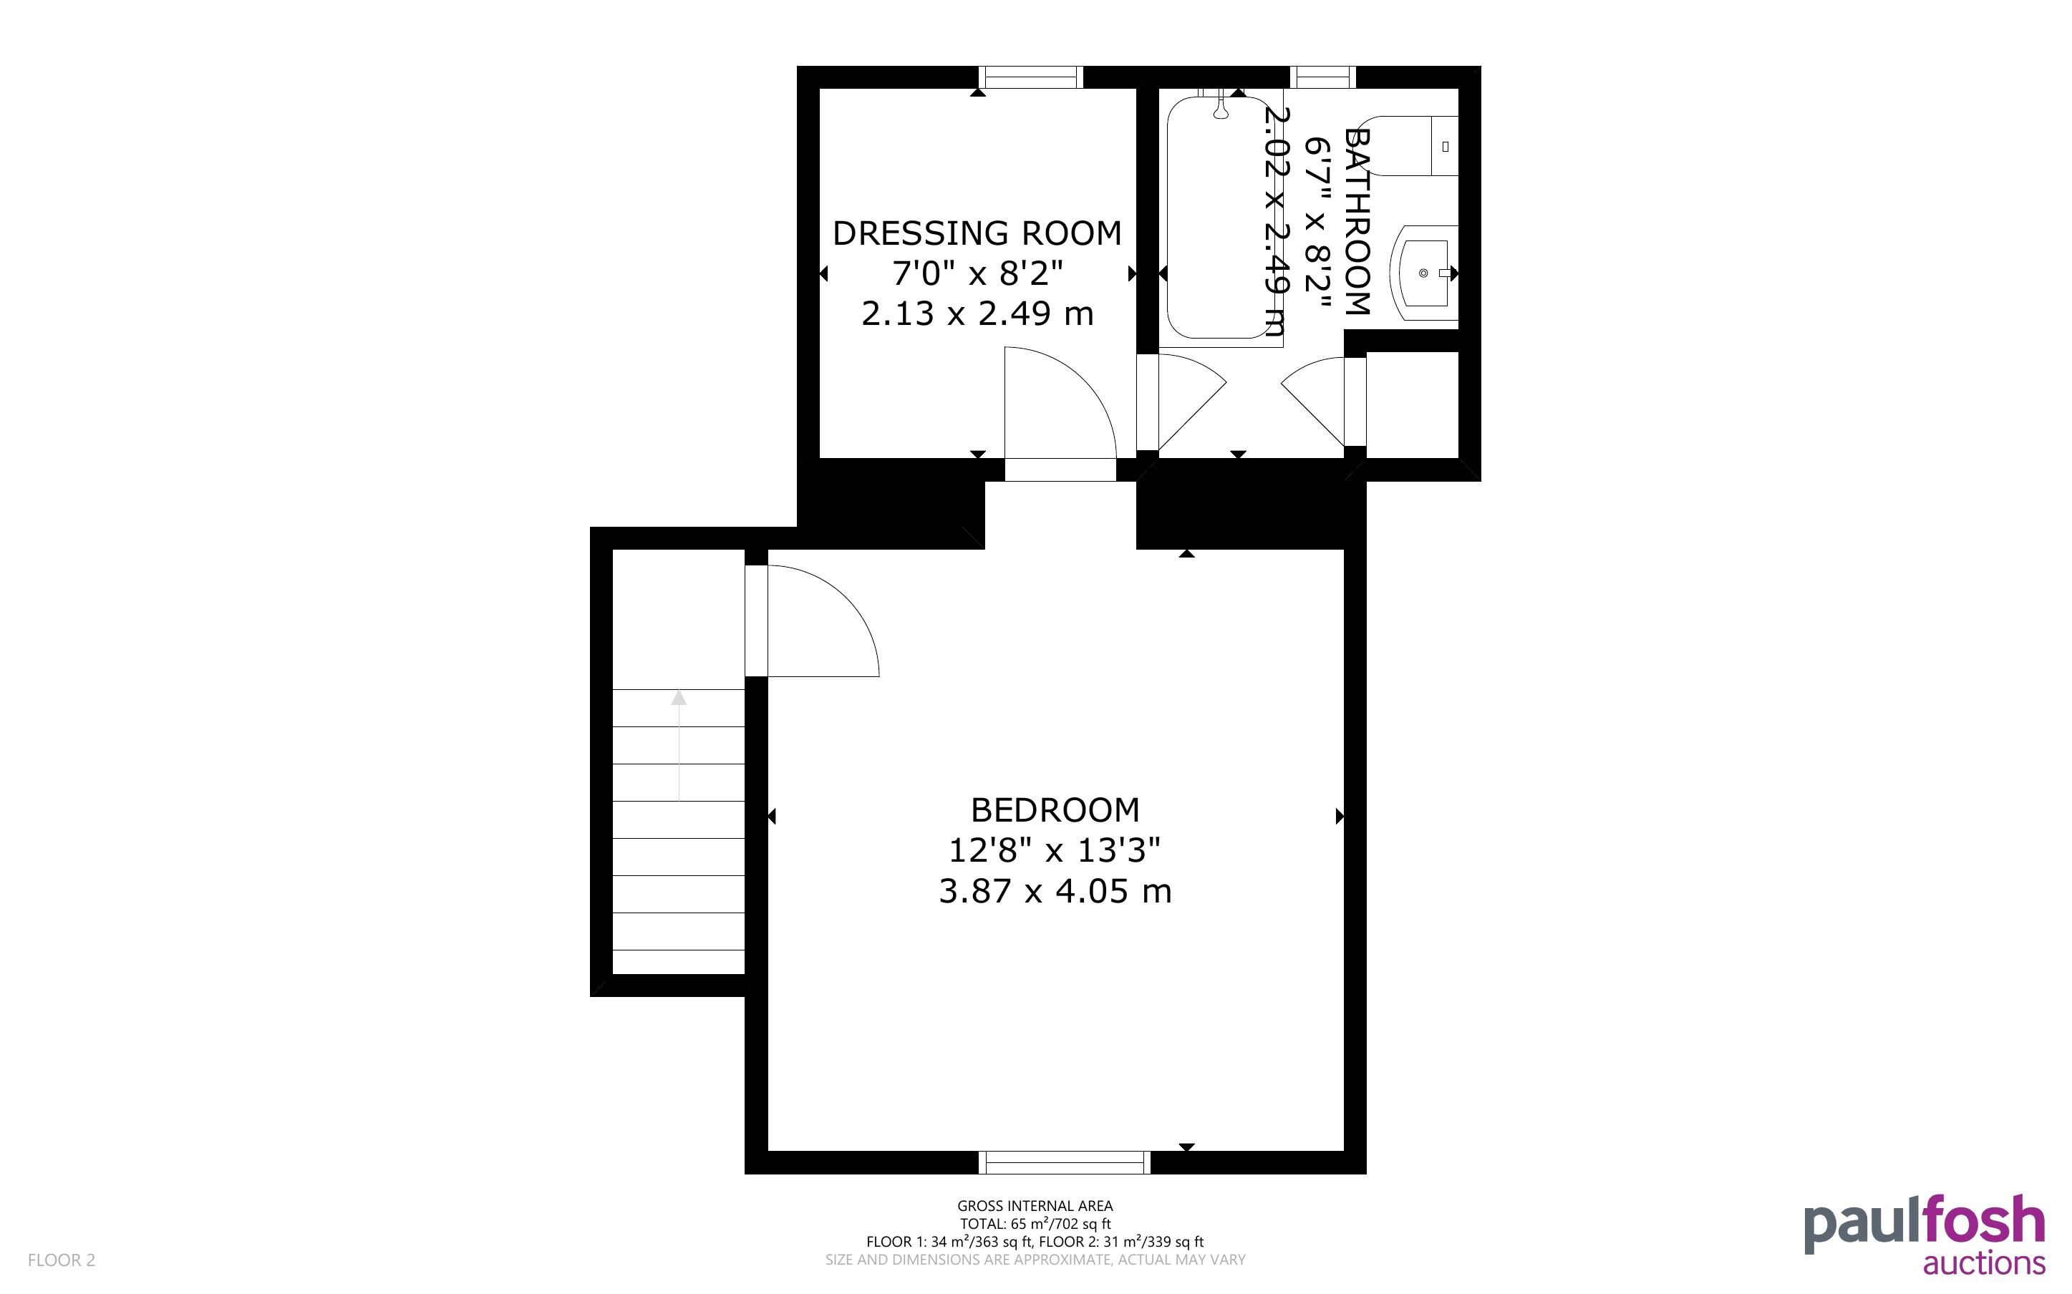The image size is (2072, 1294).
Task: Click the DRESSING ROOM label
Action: [977, 233]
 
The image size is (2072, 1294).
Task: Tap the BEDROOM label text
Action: [1055, 809]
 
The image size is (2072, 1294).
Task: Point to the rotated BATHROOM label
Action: [1358, 222]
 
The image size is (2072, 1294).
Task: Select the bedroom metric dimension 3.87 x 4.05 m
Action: [1055, 892]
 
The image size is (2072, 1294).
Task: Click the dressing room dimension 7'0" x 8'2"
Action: [977, 274]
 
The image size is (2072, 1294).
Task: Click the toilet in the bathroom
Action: [1411, 145]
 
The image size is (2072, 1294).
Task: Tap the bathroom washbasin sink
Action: [1424, 273]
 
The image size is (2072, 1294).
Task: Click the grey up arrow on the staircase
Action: [679, 744]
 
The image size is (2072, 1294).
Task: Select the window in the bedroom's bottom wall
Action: [1065, 1162]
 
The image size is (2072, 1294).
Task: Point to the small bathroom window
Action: [1322, 78]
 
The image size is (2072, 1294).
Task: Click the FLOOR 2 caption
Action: [62, 1260]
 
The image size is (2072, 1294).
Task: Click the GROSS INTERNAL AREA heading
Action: [1035, 1207]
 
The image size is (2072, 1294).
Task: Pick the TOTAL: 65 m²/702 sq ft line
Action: [1035, 1224]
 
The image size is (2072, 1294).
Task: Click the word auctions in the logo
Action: [1984, 1263]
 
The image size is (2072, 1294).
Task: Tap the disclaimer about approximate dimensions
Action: [1035, 1260]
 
